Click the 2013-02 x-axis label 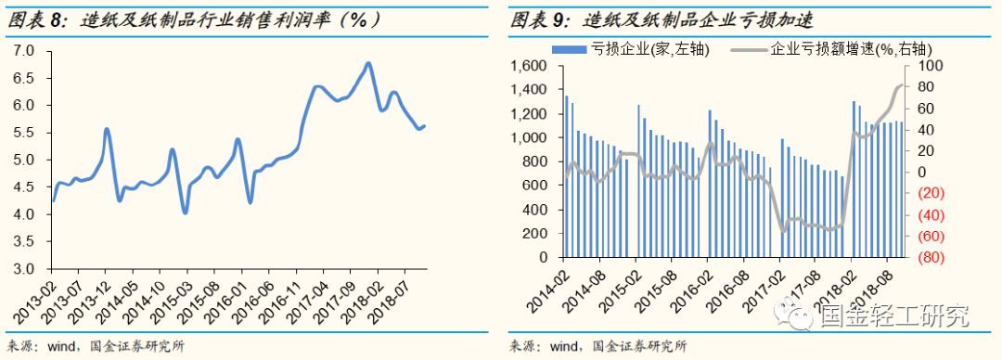[38, 294]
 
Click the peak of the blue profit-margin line [368, 63]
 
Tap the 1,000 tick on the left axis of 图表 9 [532, 137]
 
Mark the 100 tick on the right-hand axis [929, 66]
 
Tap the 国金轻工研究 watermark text [893, 317]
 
